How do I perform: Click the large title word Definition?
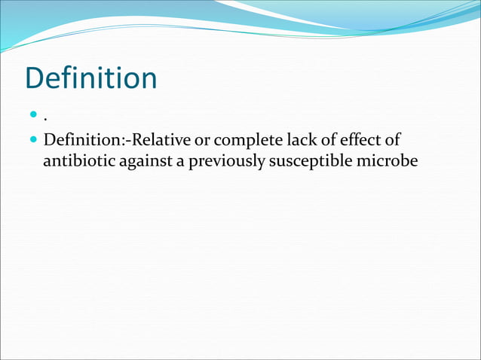click(90, 79)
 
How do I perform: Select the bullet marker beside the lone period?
click(33, 117)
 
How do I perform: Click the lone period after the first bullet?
click(45, 121)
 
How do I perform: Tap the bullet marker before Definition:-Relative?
click(33, 140)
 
